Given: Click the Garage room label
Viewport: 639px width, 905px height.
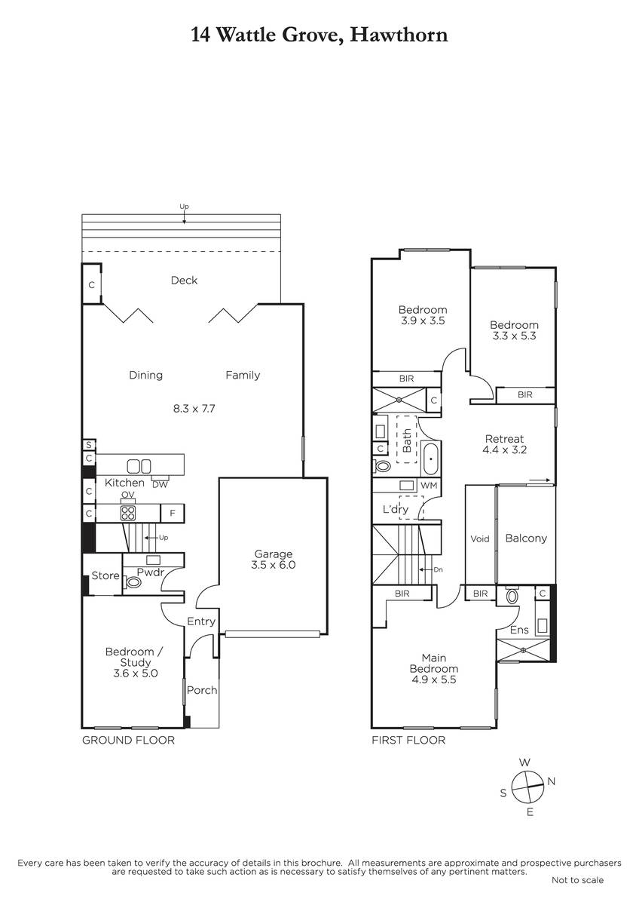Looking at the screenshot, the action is [274, 554].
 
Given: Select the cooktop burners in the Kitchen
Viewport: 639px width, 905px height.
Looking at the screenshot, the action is [128, 513].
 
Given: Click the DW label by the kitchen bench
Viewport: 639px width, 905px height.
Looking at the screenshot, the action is [160, 485].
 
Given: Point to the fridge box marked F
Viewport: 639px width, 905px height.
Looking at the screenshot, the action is [173, 513].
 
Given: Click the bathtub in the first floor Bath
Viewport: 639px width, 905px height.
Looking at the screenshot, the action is [431, 459].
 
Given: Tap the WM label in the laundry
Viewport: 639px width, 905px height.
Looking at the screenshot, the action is [429, 485].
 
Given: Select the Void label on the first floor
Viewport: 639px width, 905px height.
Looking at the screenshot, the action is [479, 538].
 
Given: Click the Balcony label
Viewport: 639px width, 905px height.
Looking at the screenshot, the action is [526, 538].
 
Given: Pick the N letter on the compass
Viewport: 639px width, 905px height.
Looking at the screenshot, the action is [552, 781].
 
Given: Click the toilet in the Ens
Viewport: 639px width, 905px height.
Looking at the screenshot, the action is [512, 596].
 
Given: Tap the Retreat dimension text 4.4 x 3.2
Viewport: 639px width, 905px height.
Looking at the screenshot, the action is [505, 449].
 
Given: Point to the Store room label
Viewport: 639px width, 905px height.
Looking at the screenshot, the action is [105, 575].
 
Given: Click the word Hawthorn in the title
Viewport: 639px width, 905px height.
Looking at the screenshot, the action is [399, 35].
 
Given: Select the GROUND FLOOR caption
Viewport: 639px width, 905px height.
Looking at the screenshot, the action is [128, 740].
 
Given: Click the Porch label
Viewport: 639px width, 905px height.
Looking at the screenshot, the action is [202, 690].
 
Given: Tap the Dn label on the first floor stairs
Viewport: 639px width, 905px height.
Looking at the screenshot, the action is [439, 569].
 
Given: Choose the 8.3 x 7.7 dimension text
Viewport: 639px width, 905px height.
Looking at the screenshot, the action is [194, 409].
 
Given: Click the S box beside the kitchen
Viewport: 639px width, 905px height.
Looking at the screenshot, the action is [89, 445].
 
